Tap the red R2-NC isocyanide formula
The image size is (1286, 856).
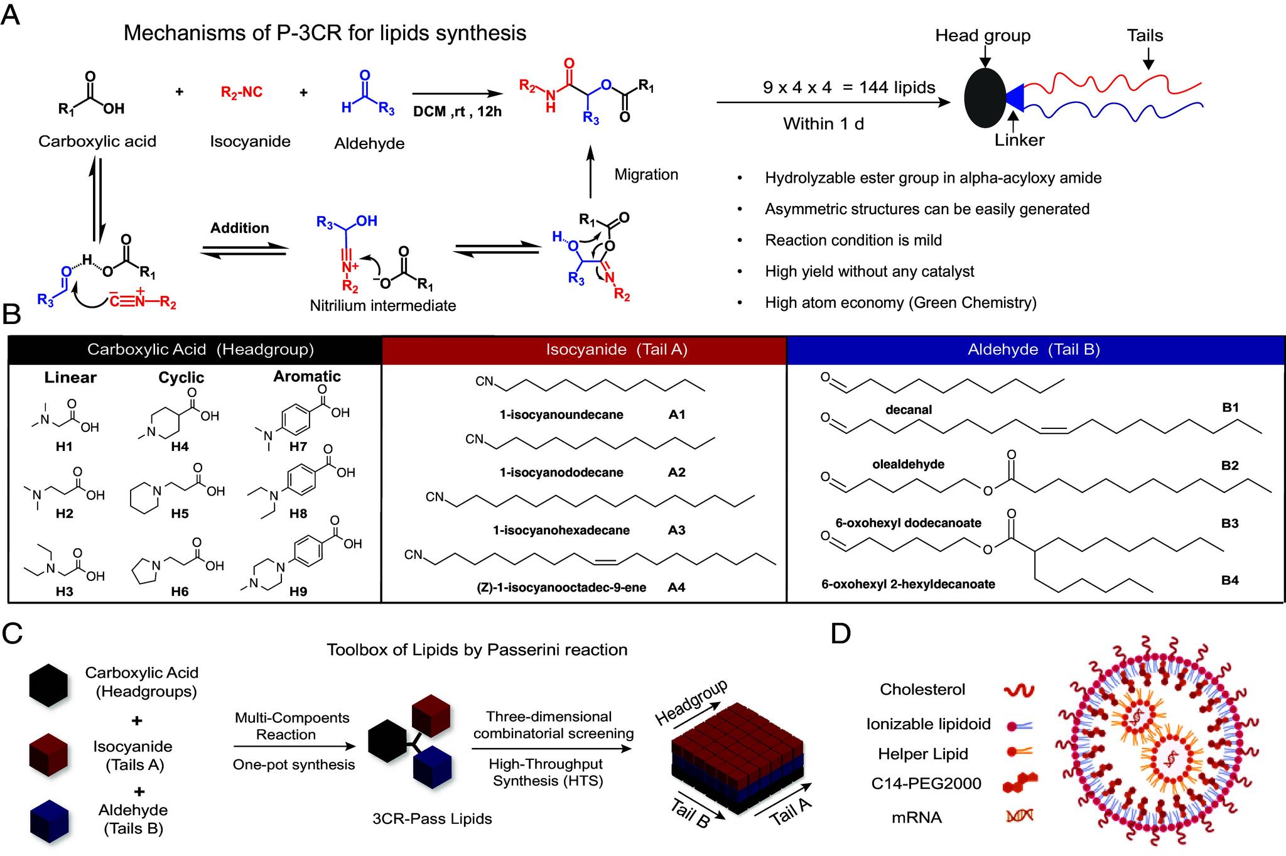pyautogui.click(x=242, y=92)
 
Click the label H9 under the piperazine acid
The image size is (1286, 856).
pyautogui.click(x=298, y=592)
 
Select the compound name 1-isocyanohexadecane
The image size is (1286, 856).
pyautogui.click(x=561, y=530)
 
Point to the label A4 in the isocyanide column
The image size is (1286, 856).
pyautogui.click(x=676, y=588)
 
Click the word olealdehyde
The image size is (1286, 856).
pyautogui.click(x=908, y=465)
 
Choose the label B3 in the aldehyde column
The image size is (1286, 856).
pyautogui.click(x=1229, y=523)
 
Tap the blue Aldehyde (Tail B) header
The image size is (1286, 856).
pyautogui.click(x=1034, y=350)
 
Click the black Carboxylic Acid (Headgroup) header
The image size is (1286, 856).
pyautogui.click(x=200, y=350)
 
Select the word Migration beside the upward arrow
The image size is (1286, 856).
pyautogui.click(x=646, y=175)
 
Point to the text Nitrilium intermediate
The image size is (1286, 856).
pyautogui.click(x=383, y=306)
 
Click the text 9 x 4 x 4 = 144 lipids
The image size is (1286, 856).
pyautogui.click(x=849, y=87)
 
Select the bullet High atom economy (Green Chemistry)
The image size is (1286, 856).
pyautogui.click(x=900, y=303)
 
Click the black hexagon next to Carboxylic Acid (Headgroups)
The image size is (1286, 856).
pyautogui.click(x=48, y=683)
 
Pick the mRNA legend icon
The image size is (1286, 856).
pyautogui.click(x=1019, y=816)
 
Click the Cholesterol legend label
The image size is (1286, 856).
pyautogui.click(x=922, y=690)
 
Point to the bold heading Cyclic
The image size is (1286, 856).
pyautogui.click(x=181, y=377)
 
